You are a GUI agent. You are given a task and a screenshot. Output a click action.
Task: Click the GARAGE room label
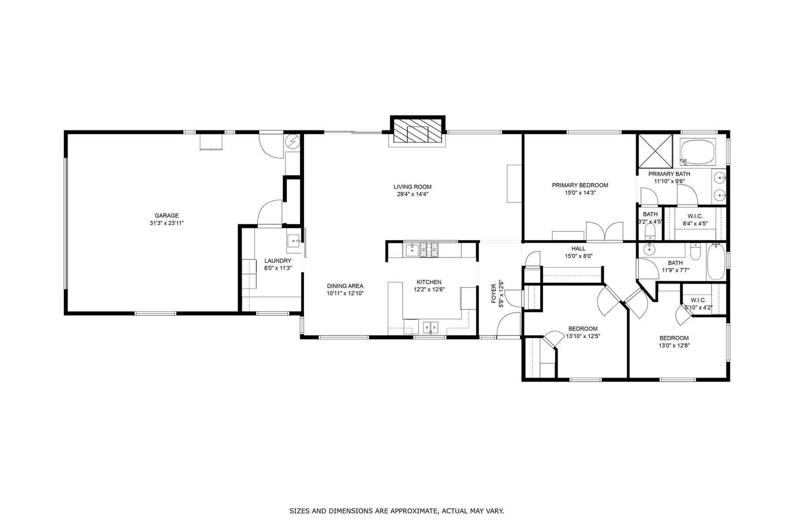(167, 216)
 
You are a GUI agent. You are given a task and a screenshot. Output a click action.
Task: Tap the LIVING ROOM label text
(412, 187)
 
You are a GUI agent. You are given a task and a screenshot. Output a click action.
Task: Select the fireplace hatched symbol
(418, 131)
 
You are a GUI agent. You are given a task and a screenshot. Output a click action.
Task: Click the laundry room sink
(295, 241)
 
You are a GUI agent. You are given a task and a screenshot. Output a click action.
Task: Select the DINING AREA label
(345, 286)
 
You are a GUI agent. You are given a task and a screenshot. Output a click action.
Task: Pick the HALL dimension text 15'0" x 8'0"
(578, 256)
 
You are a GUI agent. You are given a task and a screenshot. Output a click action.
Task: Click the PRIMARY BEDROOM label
(580, 185)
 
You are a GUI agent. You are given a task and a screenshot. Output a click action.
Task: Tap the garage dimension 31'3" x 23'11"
(167, 223)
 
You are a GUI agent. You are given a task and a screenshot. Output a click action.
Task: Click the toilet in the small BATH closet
(650, 231)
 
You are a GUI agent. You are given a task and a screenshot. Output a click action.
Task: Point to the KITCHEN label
(429, 282)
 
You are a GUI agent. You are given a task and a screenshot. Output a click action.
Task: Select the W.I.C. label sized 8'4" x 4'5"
(695, 216)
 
